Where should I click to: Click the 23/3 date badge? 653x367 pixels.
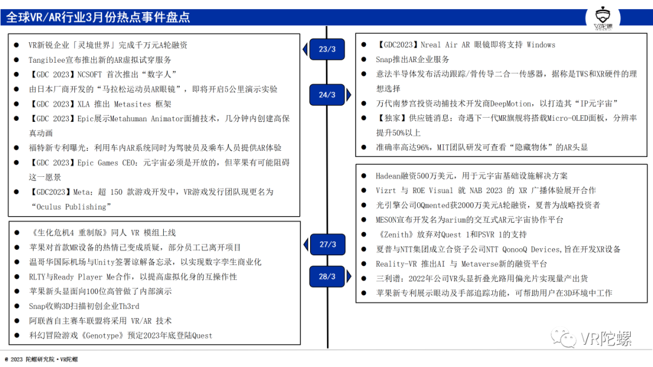pos(327,49)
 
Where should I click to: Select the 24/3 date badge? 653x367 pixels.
pos(327,95)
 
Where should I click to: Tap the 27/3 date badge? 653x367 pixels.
pos(327,244)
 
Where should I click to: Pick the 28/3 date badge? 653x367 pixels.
pos(327,276)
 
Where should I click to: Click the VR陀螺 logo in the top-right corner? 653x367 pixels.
pos(603,18)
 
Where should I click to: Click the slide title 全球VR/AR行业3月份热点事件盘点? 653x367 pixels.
pos(98,17)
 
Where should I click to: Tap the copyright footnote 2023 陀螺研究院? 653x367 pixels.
pos(41,360)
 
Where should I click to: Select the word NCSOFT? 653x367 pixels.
pos(89,74)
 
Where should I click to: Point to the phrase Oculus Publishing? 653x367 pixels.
pos(71,206)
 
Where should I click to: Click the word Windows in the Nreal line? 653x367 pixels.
pos(541,45)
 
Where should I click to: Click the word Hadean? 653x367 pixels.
pos(388,176)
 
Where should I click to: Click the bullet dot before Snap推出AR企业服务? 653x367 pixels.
pos(363,59)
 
